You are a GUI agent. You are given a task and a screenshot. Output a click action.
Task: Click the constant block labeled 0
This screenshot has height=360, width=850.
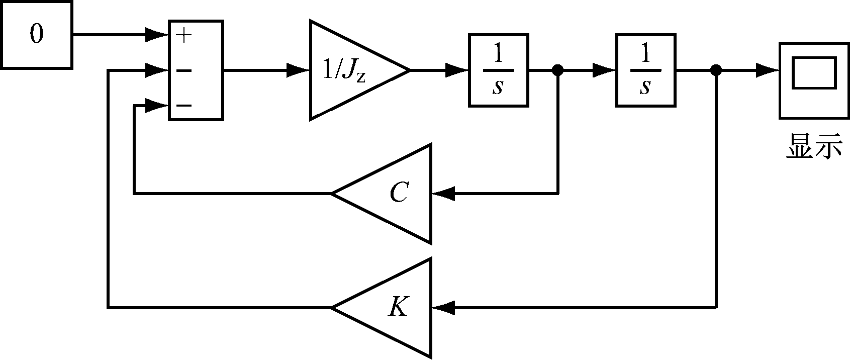pos(36,34)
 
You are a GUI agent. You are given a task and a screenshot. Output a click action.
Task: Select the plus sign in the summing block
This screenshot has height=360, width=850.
pos(184,35)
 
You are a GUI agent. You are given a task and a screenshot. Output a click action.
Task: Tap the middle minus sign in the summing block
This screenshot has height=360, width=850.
pos(184,70)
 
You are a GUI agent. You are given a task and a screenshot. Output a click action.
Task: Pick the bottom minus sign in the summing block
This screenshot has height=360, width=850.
pos(184,106)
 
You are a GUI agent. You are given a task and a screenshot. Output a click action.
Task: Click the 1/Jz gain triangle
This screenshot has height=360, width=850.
pos(347,70)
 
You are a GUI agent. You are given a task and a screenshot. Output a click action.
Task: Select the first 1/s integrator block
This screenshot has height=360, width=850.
pos(498,70)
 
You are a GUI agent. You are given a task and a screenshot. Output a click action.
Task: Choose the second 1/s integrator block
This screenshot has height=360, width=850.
pos(645,70)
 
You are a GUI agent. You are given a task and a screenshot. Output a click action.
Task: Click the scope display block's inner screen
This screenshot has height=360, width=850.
pos(814,73)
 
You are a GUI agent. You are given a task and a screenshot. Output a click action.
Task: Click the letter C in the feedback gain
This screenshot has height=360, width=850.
pos(399,193)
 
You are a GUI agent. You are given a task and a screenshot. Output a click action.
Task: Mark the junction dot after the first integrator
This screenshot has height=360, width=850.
pos(557,70)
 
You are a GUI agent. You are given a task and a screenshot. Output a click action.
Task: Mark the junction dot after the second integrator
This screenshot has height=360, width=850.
pos(716,70)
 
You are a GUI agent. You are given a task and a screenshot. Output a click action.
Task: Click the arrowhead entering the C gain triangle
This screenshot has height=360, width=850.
pos(444,193)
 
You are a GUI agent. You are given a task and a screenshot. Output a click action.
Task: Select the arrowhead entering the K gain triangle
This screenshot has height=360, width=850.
pos(444,307)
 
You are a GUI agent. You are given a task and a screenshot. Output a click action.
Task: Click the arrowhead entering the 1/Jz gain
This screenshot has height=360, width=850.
pos(298,70)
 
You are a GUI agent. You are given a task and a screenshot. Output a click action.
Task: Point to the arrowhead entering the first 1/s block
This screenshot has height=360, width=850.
pos(457,70)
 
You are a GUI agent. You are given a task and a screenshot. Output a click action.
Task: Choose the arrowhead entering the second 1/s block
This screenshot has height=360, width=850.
pos(604,70)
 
